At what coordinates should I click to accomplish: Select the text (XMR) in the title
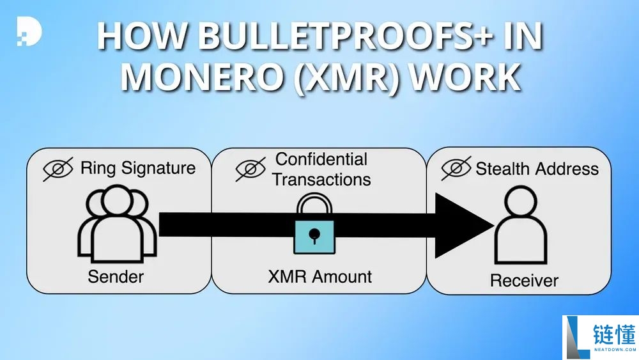pyautogui.click(x=347, y=78)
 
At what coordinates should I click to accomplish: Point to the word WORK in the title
pyautogui.click(x=465, y=77)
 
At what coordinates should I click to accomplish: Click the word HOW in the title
pyautogui.click(x=142, y=36)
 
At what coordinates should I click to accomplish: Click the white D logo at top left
pyautogui.click(x=29, y=31)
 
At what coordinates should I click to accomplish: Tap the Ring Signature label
pyautogui.click(x=138, y=168)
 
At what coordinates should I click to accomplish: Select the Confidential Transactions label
pyautogui.click(x=321, y=169)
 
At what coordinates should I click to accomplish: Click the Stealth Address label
pyautogui.click(x=537, y=168)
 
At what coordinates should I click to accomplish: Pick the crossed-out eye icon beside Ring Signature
pyautogui.click(x=58, y=169)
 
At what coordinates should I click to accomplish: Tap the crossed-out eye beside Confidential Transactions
pyautogui.click(x=250, y=169)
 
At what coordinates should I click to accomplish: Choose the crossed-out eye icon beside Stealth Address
pyautogui.click(x=456, y=168)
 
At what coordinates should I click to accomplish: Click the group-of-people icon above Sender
pyautogui.click(x=117, y=223)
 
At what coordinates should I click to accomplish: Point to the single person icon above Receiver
pyautogui.click(x=521, y=226)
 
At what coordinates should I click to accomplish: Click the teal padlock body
pyautogui.click(x=314, y=237)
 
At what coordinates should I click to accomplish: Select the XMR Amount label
pyautogui.click(x=320, y=277)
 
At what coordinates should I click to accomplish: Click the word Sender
pyautogui.click(x=116, y=277)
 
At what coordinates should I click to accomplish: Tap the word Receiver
pyautogui.click(x=524, y=281)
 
